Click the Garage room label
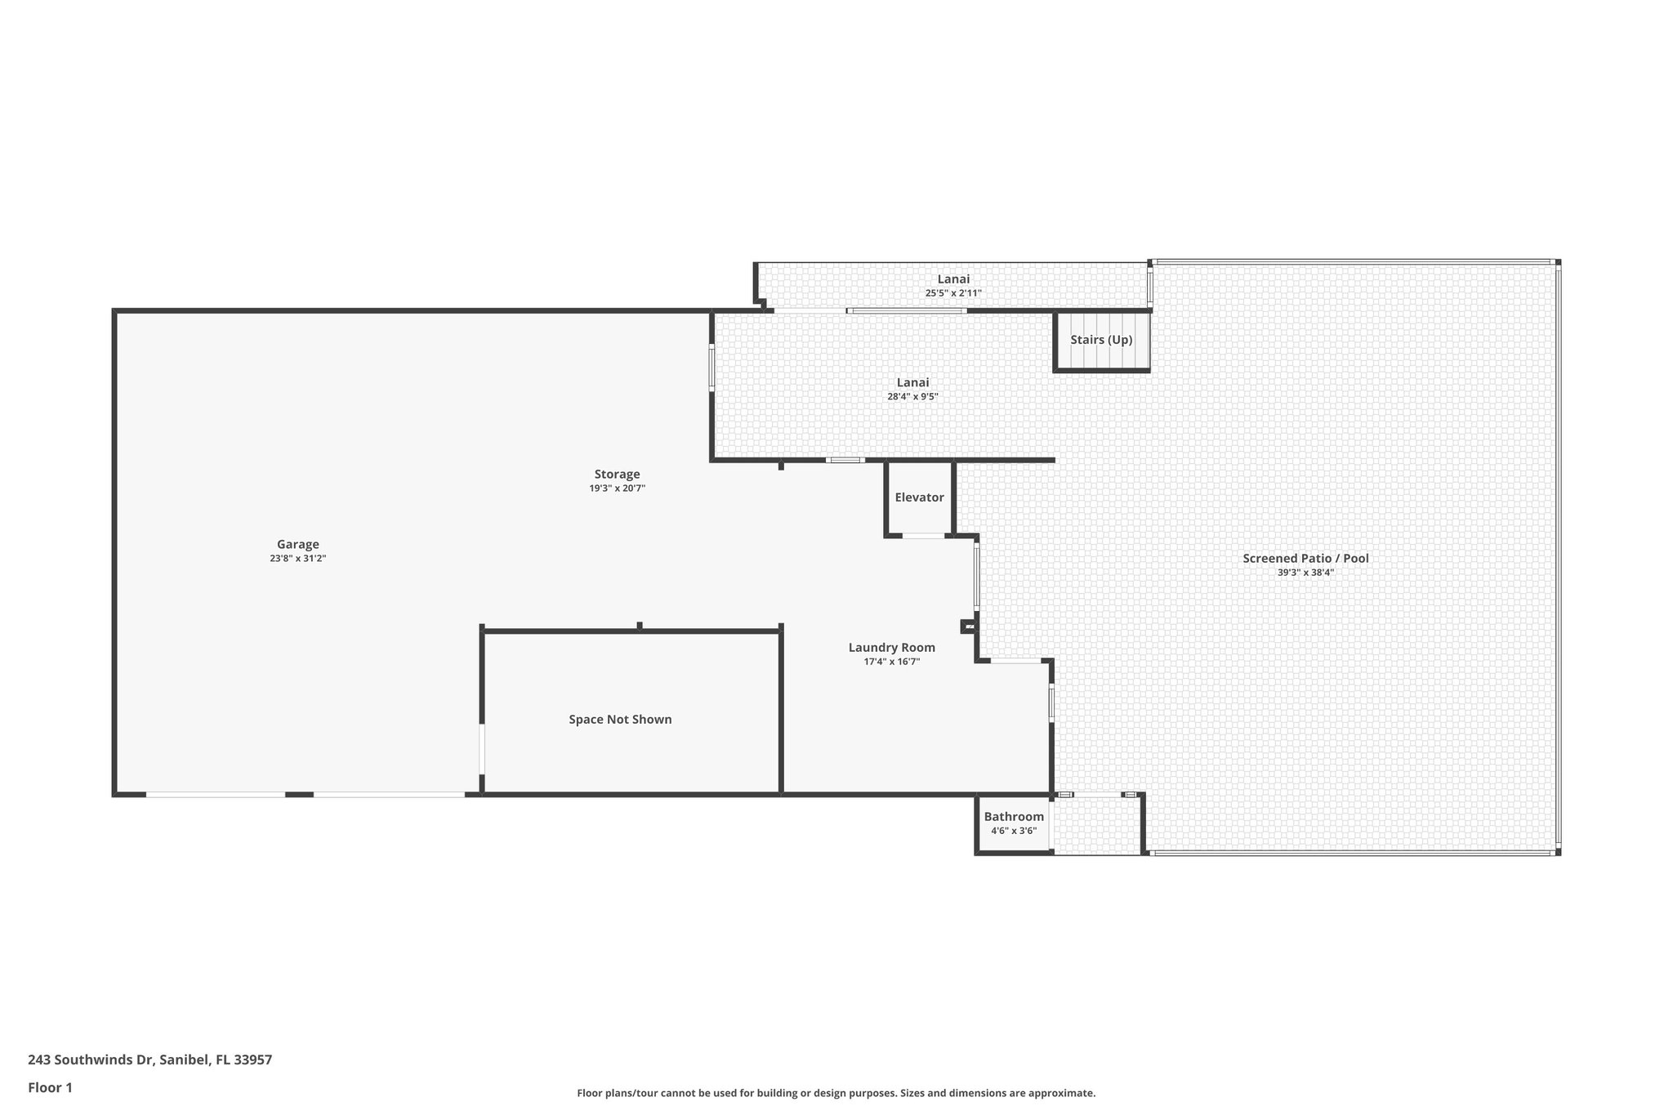coord(297,544)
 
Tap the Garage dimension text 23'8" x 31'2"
coord(297,559)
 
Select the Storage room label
coord(617,474)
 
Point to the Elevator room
coord(919,497)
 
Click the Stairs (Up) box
coord(1101,340)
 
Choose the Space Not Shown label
coord(620,720)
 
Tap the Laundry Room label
coord(891,648)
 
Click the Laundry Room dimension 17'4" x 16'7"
coord(891,662)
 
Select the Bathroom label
coord(1013,817)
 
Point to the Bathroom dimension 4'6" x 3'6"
coord(1013,831)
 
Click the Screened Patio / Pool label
coord(1305,559)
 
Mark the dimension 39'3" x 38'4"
coord(1305,573)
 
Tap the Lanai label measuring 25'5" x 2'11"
coord(953,279)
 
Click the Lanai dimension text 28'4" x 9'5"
coord(912,397)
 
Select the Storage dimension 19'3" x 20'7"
coord(617,488)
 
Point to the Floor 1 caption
coord(50,1088)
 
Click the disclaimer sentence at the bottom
coord(836,1093)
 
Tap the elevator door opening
coord(923,536)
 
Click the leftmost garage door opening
coord(216,794)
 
